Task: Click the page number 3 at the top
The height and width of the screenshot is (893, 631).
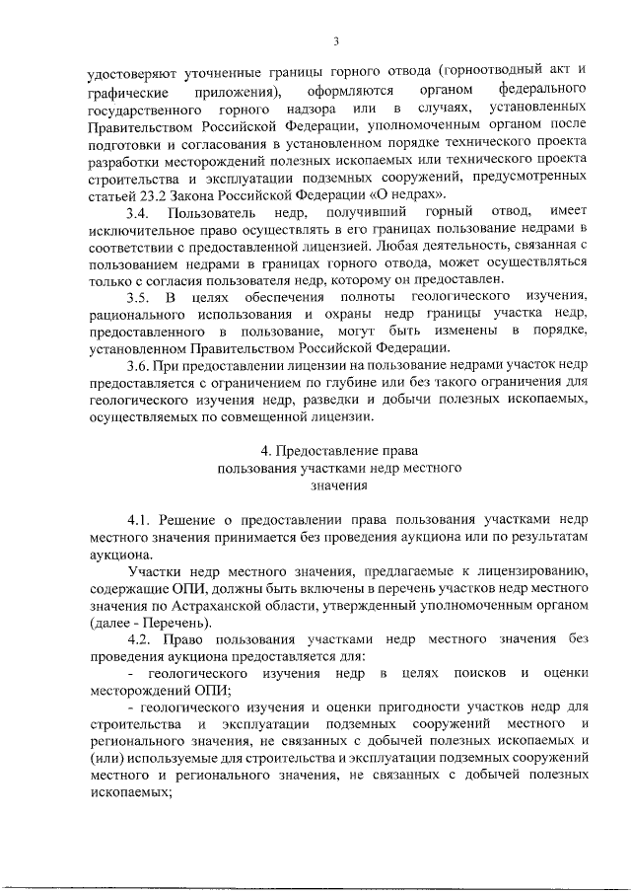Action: click(x=336, y=40)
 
